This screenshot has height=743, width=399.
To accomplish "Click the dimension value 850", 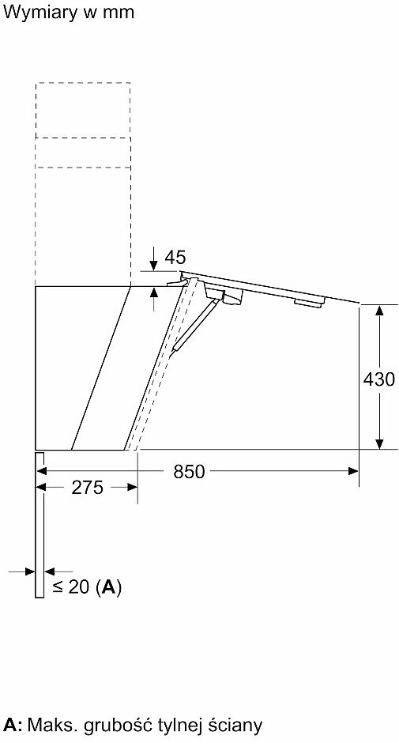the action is coord(189,471).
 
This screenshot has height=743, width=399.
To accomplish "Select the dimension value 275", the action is coord(87,488).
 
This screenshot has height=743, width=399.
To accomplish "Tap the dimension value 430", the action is coord(378,379).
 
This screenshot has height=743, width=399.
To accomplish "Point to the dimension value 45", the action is coord(175,258).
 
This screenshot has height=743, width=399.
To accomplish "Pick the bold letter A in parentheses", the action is coord(108,587).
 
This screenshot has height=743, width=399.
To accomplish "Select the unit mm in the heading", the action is coord(119,13).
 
